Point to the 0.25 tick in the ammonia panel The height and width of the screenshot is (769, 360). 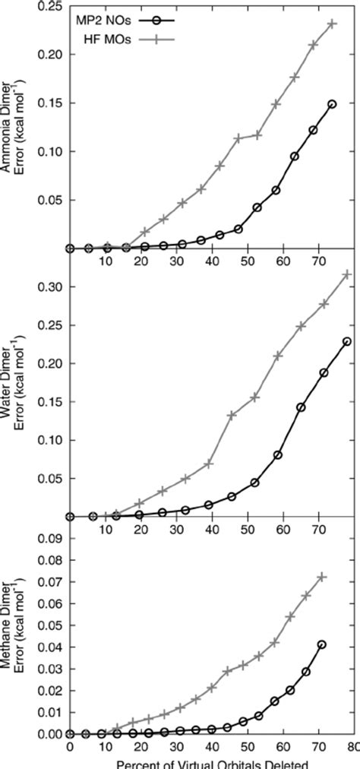tap(51, 6)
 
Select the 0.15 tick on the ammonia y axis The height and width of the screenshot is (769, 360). tap(51, 103)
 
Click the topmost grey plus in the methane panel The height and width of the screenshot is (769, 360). tap(321, 577)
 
